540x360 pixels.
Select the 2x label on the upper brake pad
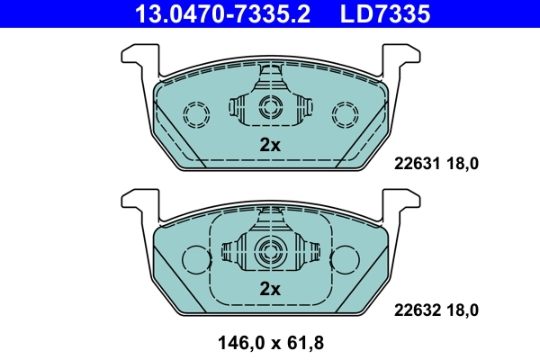270,145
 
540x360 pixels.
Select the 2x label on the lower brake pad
270,289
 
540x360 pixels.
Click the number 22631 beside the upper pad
415,164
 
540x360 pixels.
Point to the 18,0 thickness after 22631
463,164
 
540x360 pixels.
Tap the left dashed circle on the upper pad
196,114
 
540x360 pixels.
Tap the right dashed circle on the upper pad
344,114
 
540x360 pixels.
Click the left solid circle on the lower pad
196,259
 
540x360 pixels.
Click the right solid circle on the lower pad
344,259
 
